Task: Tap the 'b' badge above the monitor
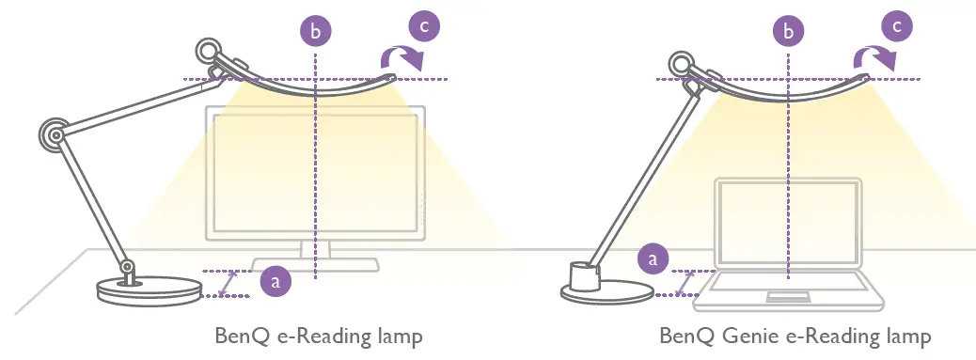click(316, 32)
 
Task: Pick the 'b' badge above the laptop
click(788, 32)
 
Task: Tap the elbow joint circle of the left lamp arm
click(53, 133)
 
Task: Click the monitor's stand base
click(315, 266)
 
